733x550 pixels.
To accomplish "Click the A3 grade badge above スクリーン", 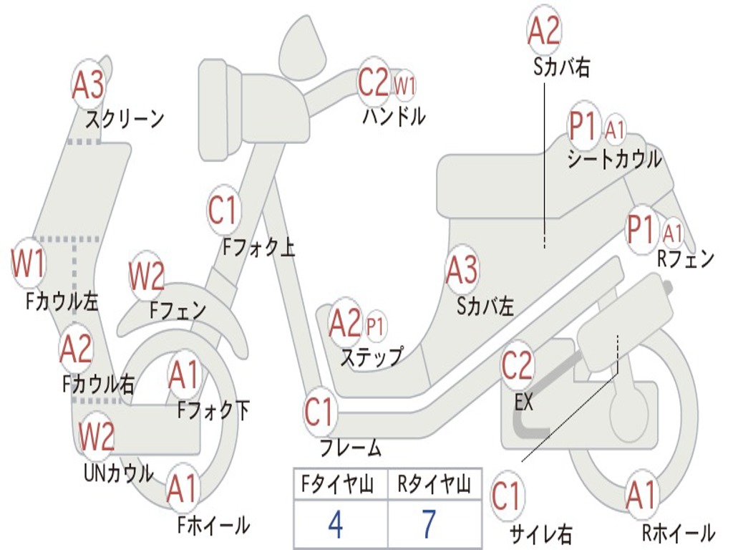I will [x=89, y=85].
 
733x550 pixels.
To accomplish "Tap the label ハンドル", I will [x=393, y=116].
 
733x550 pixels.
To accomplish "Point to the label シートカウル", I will [x=614, y=159].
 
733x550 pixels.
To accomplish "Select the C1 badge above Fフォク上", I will [x=223, y=211].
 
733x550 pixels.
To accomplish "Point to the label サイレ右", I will [x=540, y=533].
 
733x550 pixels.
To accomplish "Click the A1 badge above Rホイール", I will [x=640, y=496].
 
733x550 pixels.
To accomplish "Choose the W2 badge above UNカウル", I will [x=97, y=438].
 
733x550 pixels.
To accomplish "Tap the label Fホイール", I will [x=213, y=525].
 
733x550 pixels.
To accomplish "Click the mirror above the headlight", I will [x=303, y=44].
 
